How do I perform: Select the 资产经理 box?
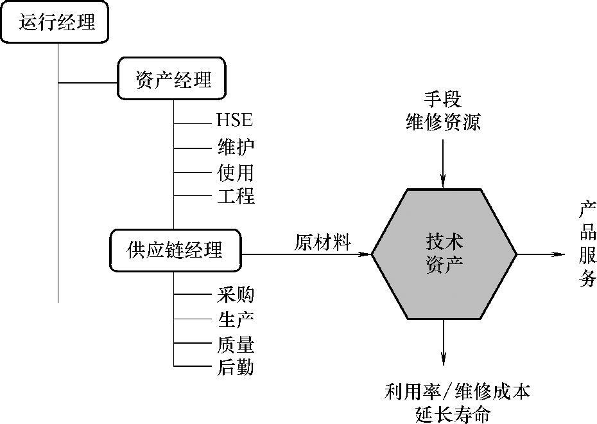pyautogui.click(x=173, y=80)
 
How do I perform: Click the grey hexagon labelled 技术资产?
pyautogui.click(x=444, y=254)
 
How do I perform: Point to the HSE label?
pyautogui.click(x=235, y=120)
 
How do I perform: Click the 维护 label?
pyautogui.click(x=236, y=146)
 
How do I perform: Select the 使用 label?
pyautogui.click(x=236, y=172)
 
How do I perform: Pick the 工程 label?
pyautogui.click(x=236, y=195)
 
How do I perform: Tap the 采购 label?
pyautogui.click(x=236, y=294)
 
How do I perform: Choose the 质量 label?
pyautogui.click(x=236, y=345)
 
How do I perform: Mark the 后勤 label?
pyautogui.click(x=236, y=367)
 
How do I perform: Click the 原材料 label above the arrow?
pyautogui.click(x=323, y=242)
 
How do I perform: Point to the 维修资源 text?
pyautogui.click(x=443, y=122)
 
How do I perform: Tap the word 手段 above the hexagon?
pyautogui.click(x=443, y=100)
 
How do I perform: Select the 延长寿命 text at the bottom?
pyautogui.click(x=453, y=414)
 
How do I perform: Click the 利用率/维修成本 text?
pyautogui.click(x=458, y=391)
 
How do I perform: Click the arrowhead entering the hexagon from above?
pyautogui.click(x=443, y=184)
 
